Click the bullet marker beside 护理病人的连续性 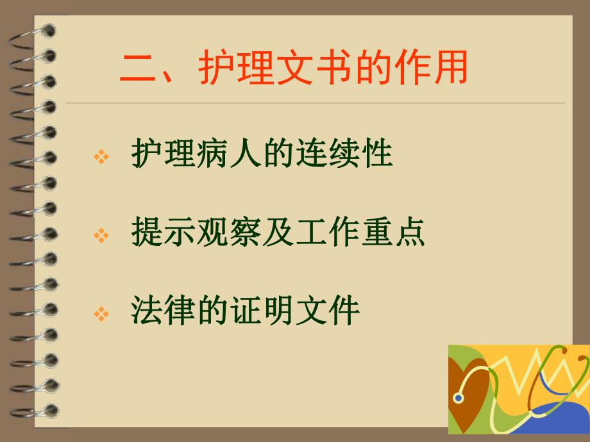point(101,156)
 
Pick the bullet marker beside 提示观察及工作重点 point(101,235)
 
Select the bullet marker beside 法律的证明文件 point(101,313)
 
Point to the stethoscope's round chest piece point(458,398)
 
